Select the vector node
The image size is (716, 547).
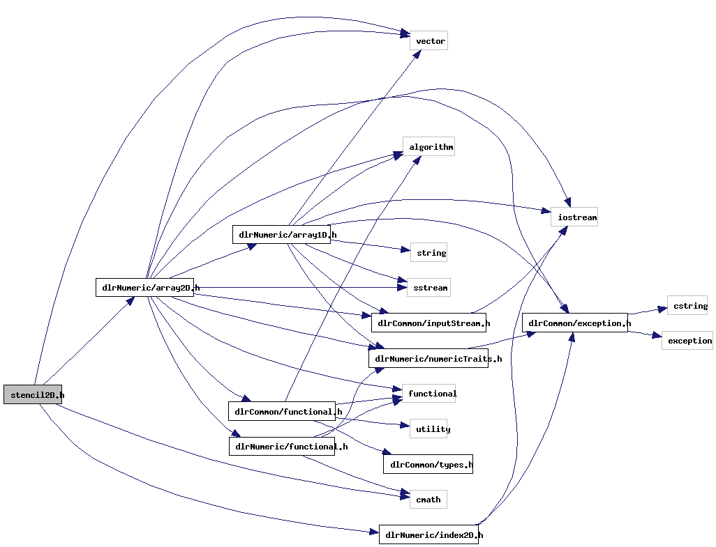tap(429, 41)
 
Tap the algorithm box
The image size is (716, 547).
tap(428, 147)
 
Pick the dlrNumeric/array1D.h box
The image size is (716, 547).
tap(282, 235)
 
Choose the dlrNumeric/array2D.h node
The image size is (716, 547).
tap(145, 287)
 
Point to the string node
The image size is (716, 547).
tap(429, 253)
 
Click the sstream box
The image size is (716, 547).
tap(428, 287)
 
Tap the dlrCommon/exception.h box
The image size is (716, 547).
tap(575, 323)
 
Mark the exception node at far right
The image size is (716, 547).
tap(687, 341)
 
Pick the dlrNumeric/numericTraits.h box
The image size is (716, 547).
tap(428, 359)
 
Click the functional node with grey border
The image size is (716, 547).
tap(429, 394)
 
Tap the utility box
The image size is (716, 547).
tap(429, 429)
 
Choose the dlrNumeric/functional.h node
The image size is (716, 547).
tap(282, 447)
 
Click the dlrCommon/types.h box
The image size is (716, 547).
tap(428, 464)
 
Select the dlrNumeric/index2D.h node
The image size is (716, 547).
tap(429, 535)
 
